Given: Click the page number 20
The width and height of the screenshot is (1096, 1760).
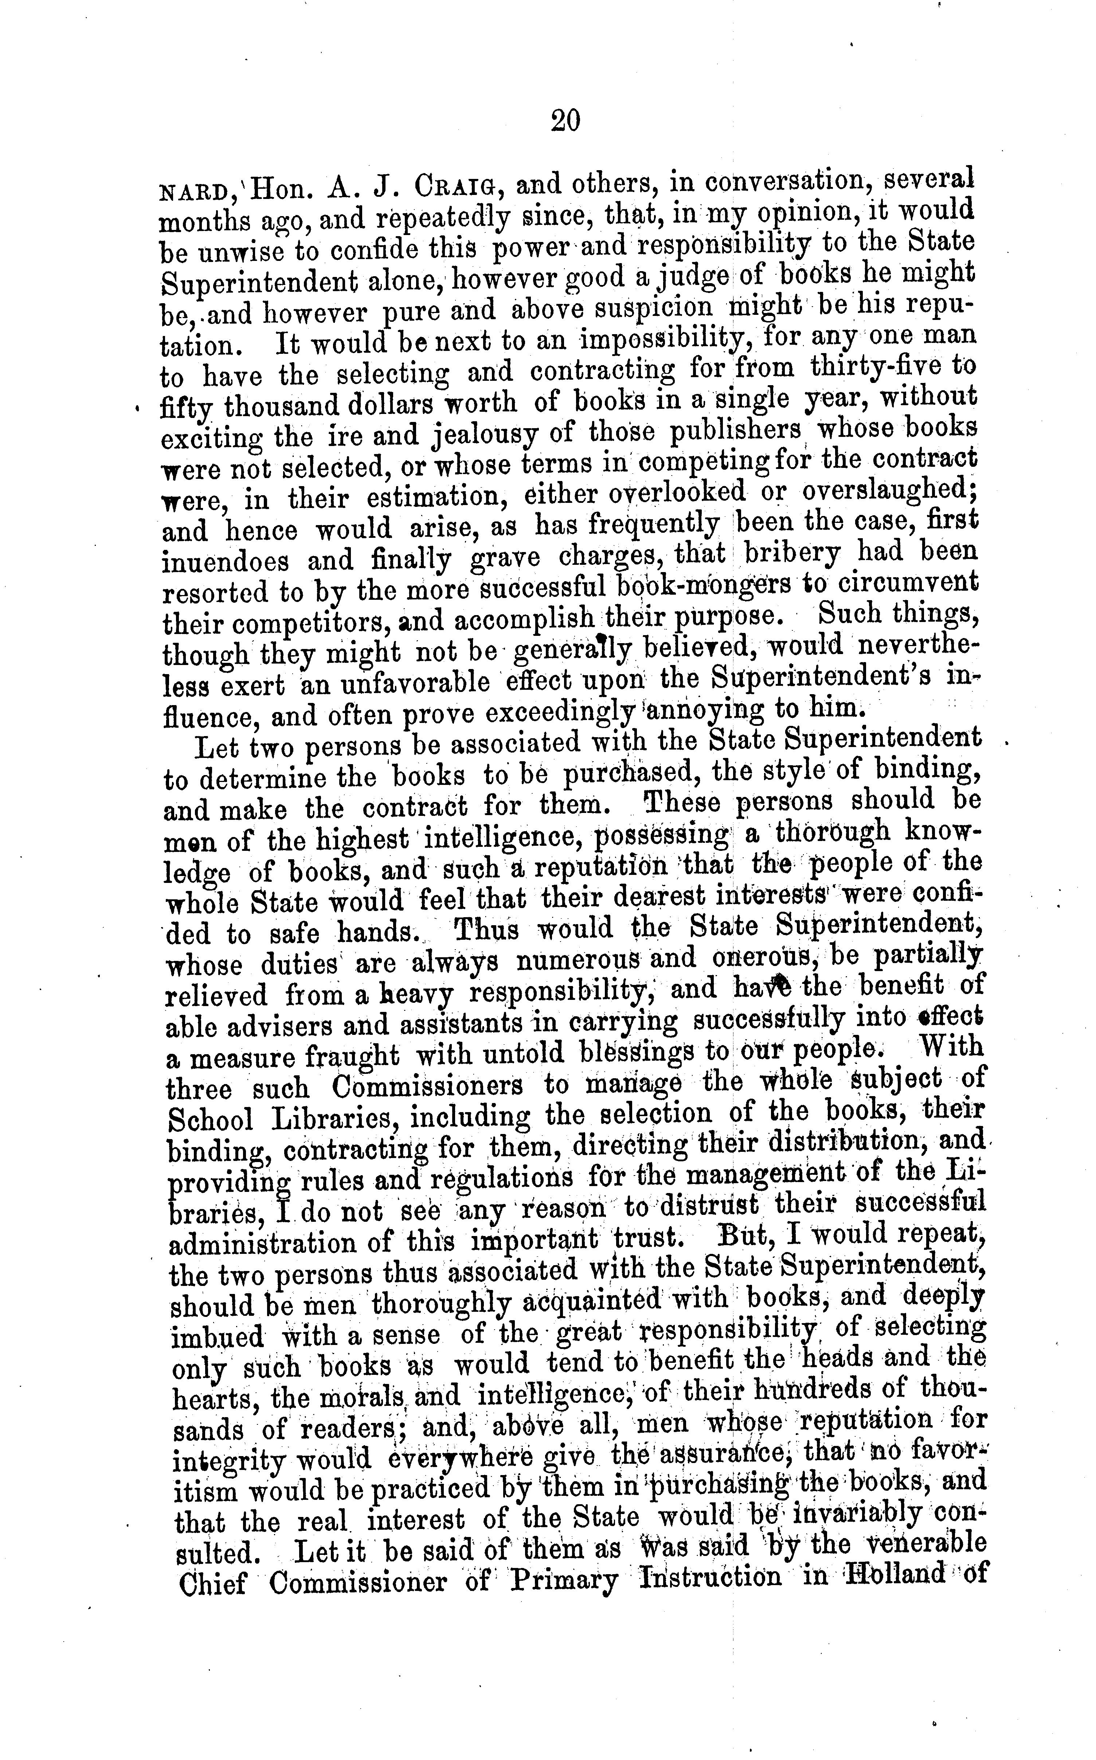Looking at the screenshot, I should click(x=565, y=120).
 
